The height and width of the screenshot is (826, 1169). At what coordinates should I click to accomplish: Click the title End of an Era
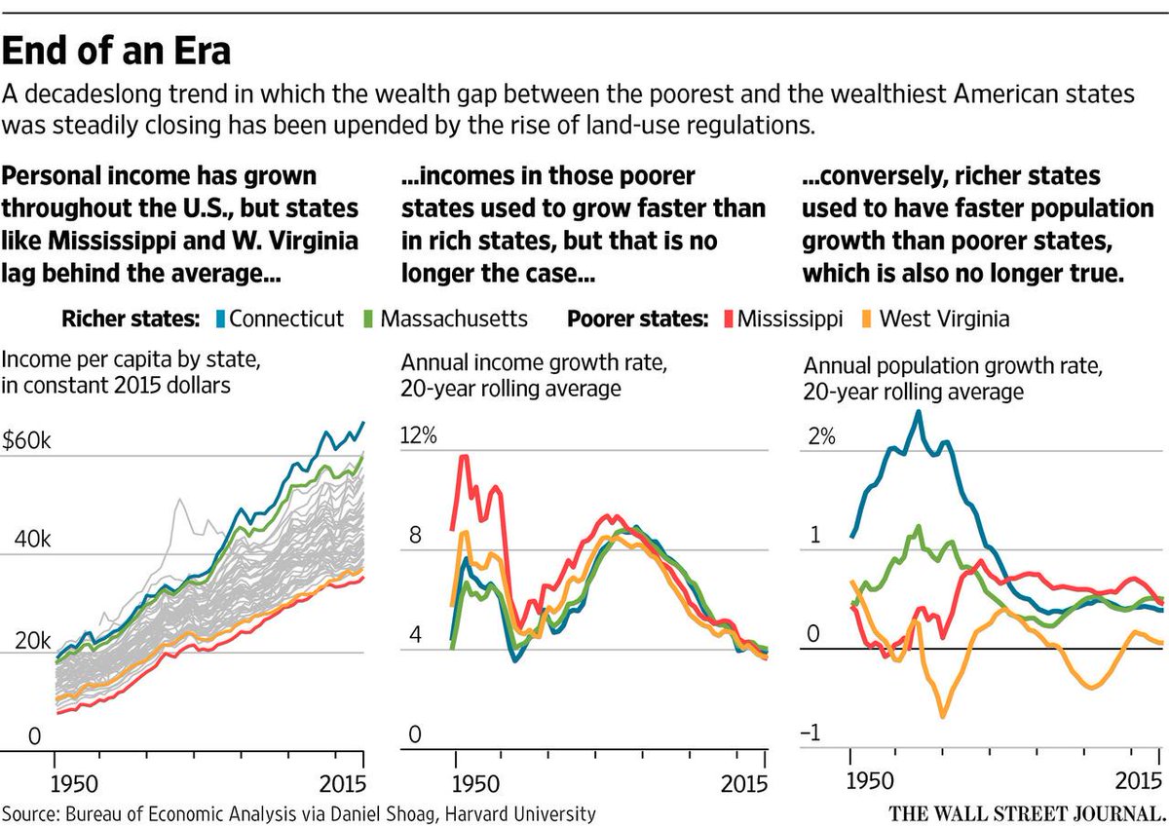click(x=116, y=51)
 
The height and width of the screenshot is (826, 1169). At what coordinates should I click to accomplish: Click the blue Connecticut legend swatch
click(x=221, y=319)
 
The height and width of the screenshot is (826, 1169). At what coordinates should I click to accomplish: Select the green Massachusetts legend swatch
click(x=368, y=319)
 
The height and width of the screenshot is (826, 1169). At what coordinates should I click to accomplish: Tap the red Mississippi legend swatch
click(x=729, y=319)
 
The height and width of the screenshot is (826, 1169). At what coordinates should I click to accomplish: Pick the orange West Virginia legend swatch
click(x=866, y=319)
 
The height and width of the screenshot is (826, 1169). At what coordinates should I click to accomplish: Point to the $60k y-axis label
click(x=26, y=440)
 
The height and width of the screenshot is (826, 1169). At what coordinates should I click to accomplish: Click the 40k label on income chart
click(x=33, y=539)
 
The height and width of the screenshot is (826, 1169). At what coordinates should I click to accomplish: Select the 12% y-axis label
click(x=419, y=434)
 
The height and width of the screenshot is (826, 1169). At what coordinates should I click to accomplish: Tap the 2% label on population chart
click(x=822, y=435)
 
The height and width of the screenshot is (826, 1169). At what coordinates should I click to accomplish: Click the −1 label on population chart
click(x=811, y=733)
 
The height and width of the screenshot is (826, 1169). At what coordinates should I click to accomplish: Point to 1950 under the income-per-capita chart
click(x=74, y=784)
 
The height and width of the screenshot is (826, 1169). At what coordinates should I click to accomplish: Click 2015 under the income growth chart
click(x=744, y=784)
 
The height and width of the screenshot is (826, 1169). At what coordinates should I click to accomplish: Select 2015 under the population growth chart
click(x=1138, y=780)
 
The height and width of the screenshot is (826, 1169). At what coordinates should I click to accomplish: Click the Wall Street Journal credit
click(x=1028, y=813)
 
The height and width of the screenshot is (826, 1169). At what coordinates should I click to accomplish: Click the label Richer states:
click(x=131, y=319)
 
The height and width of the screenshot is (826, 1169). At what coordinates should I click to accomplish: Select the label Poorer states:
click(x=638, y=319)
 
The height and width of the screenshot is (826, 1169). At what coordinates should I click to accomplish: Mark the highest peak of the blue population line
click(x=918, y=412)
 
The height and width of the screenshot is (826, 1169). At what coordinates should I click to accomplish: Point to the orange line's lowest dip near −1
click(x=943, y=716)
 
